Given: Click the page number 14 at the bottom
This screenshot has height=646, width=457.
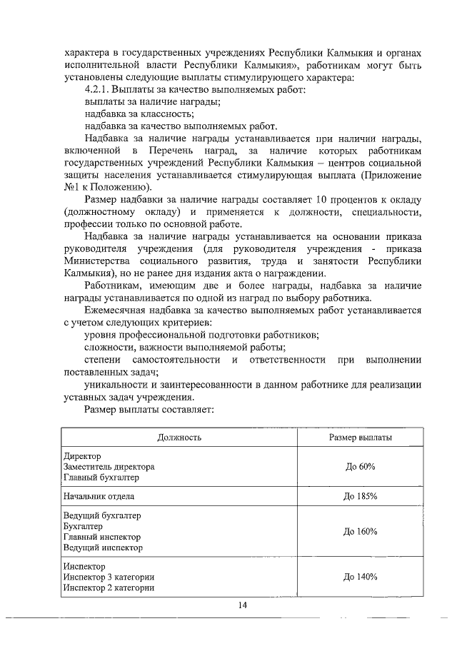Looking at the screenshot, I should pos(243,606).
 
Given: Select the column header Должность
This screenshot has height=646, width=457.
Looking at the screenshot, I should pos(179,437).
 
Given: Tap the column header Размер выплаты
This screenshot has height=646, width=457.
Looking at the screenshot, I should pos(360,437).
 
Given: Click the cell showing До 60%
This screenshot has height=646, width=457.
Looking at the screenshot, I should pos(360,467).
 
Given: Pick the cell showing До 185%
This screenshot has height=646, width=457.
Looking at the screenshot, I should pos(360,496).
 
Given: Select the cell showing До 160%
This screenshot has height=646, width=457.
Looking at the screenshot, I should pos(360,532).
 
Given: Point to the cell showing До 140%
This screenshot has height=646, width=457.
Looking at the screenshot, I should pos(360,577).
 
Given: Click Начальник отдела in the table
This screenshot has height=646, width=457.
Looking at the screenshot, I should pos(99,496).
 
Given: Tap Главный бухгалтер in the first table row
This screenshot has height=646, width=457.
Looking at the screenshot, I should pos(101,478).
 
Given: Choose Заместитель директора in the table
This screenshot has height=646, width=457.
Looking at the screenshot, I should pos(109,467).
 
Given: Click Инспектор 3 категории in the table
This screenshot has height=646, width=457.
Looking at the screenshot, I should pos(109,577).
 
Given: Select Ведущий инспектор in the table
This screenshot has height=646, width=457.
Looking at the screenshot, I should pos(103,548).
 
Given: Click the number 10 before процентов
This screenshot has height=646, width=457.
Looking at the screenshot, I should pos(321,198).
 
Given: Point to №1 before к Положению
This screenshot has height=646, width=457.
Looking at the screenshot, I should pos(71,186).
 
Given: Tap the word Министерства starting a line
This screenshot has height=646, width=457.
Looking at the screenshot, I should pos(98,261).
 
